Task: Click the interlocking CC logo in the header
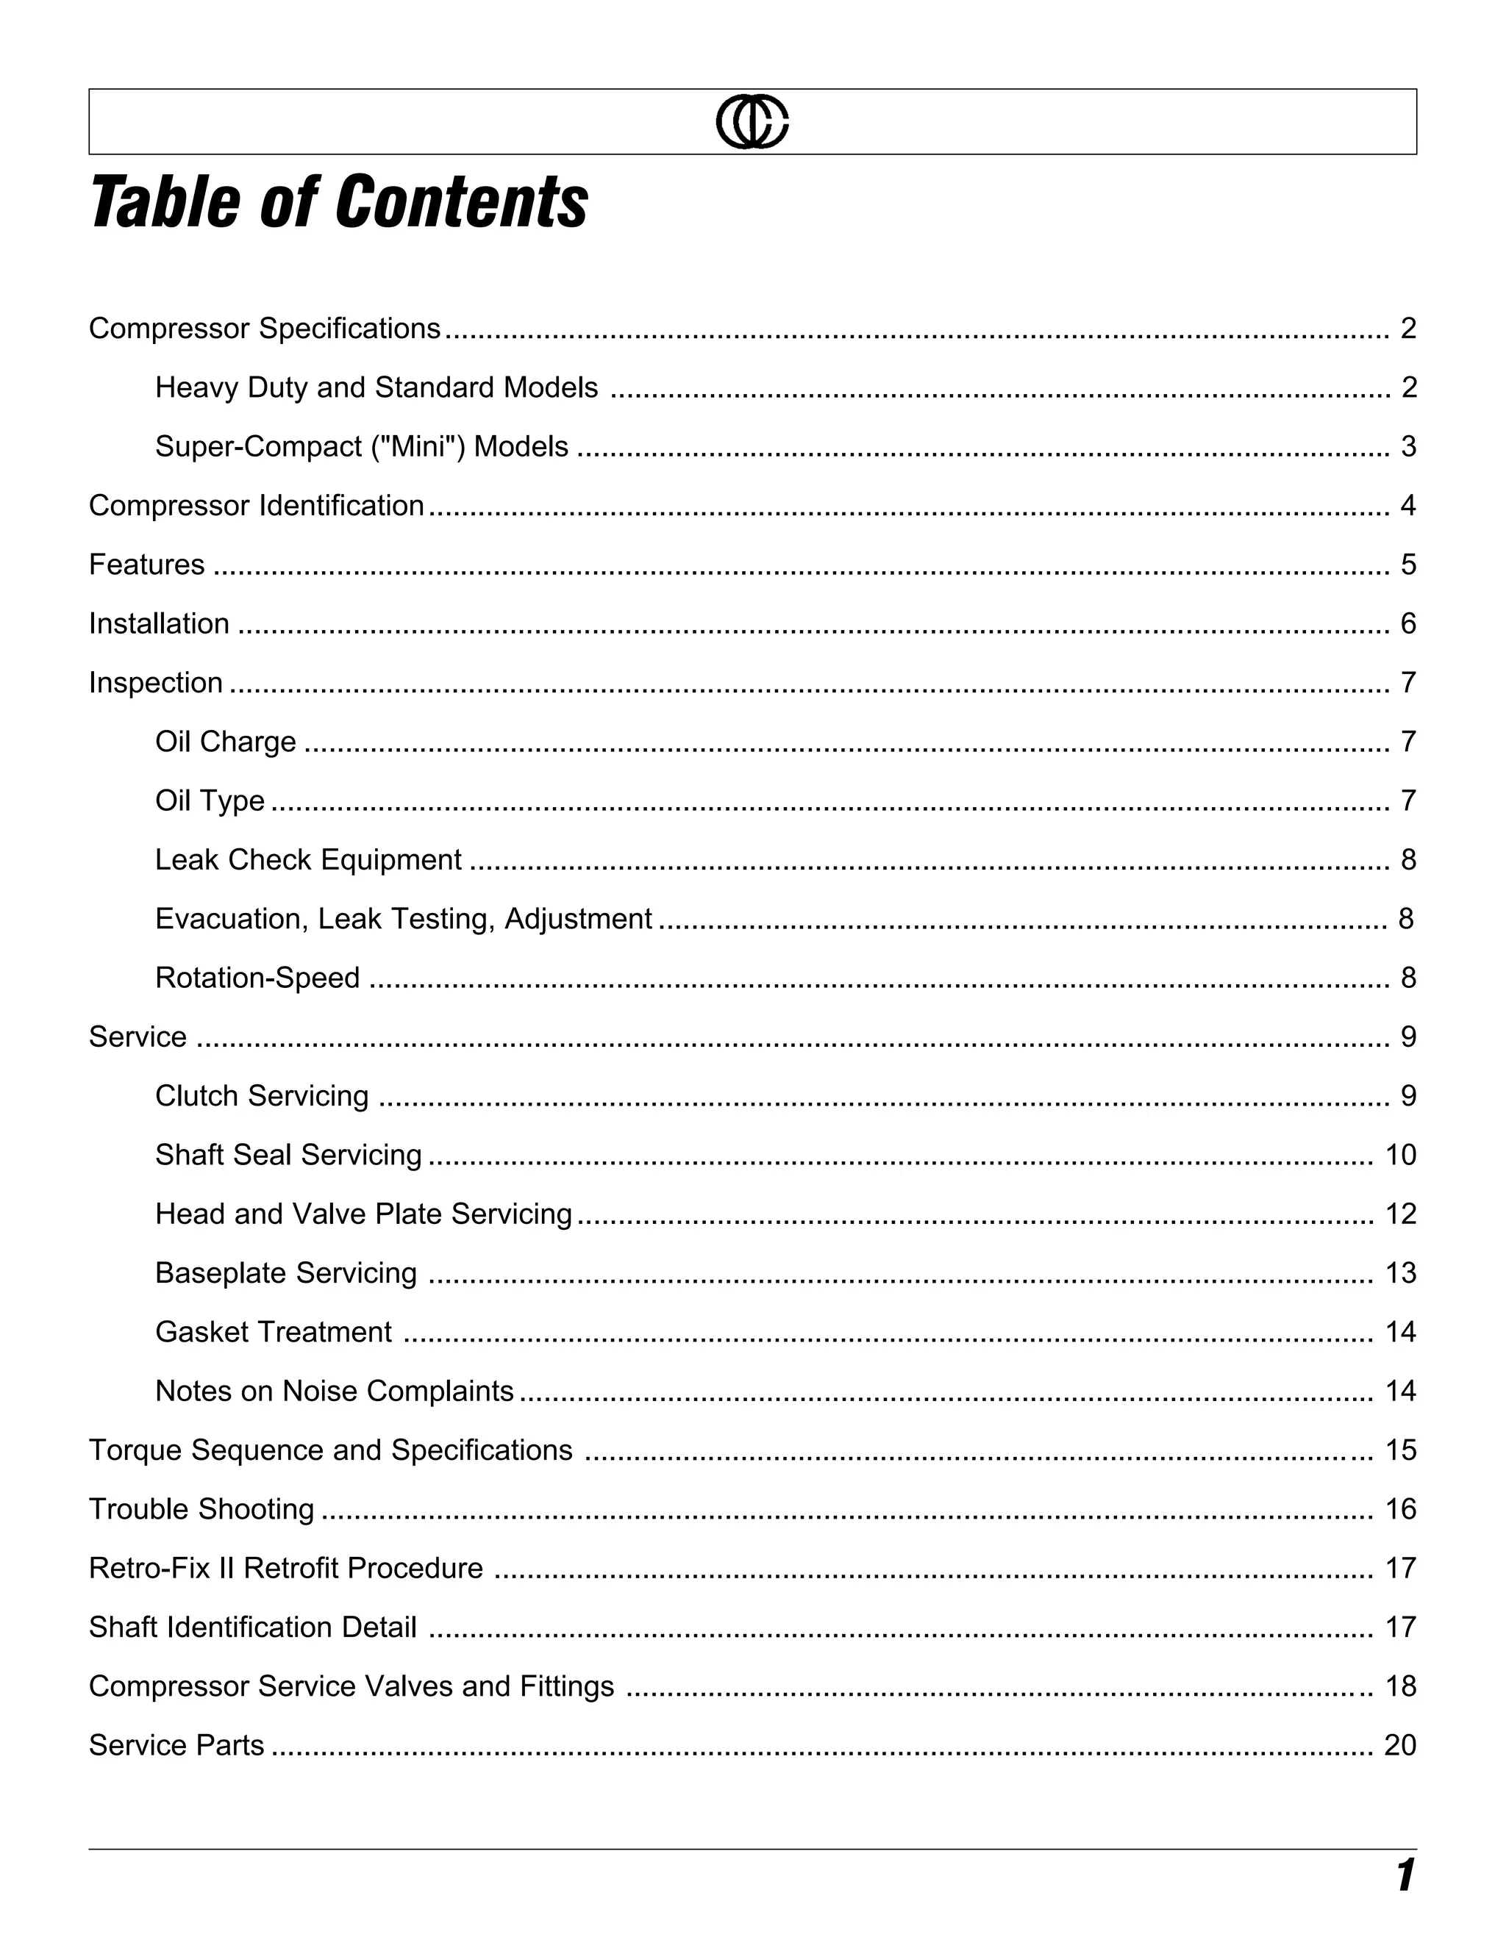[752, 122]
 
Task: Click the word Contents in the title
[461, 202]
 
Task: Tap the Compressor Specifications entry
[265, 329]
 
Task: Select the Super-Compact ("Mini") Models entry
[361, 447]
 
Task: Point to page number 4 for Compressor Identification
[1408, 506]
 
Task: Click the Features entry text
[146, 565]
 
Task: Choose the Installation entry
[159, 623]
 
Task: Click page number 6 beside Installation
[1408, 623]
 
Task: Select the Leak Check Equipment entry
[308, 860]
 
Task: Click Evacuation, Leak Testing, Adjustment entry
[403, 919]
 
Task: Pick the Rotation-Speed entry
[257, 978]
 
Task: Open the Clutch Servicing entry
[261, 1096]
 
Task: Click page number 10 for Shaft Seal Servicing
[1400, 1155]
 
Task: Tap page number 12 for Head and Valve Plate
[1400, 1214]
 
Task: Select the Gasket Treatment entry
[273, 1333]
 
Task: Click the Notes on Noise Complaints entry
[334, 1392]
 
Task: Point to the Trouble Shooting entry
[201, 1509]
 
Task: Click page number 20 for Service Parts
[1400, 1746]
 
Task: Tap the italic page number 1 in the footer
[1405, 1876]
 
